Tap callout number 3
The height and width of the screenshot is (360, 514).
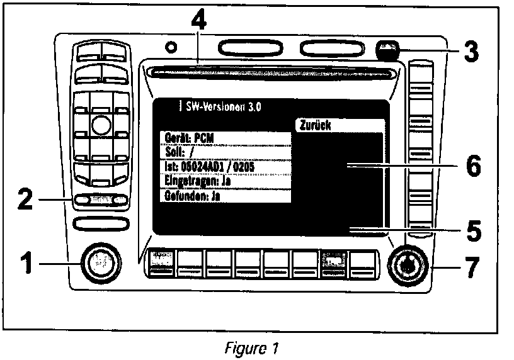468,52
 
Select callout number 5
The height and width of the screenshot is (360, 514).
469,230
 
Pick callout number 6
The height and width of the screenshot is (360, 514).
469,167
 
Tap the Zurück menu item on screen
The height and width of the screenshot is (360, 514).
338,125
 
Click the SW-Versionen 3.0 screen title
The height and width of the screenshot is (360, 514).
220,106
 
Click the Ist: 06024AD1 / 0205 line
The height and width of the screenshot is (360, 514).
224,167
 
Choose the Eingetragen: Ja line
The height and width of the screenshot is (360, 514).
224,181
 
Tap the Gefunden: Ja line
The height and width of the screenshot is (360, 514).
224,195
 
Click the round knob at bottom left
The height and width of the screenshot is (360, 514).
100,261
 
